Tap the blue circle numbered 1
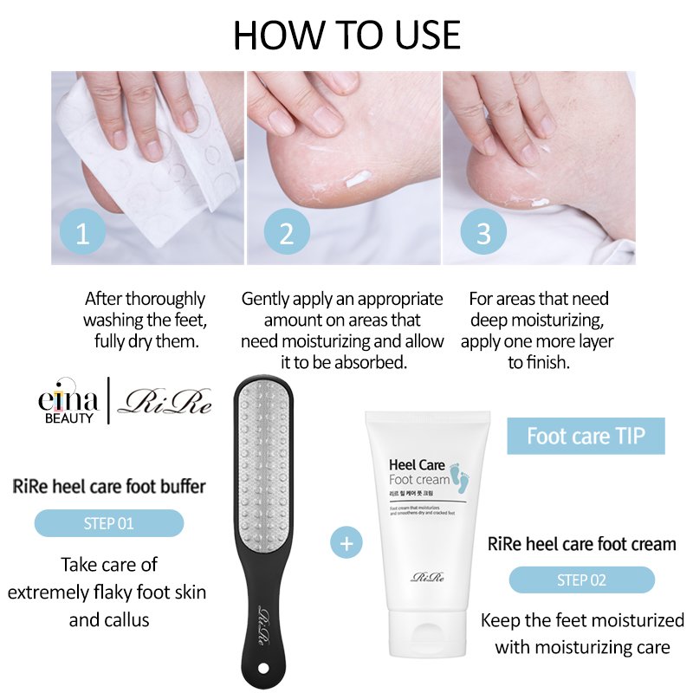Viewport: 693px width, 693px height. click(x=83, y=233)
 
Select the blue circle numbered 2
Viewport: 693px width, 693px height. click(x=287, y=233)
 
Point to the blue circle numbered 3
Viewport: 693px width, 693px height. click(x=483, y=233)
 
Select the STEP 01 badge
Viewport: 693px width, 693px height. click(x=109, y=523)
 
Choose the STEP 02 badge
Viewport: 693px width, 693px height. click(x=581, y=580)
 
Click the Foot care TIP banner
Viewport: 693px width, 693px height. click(x=586, y=436)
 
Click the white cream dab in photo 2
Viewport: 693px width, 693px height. click(x=359, y=180)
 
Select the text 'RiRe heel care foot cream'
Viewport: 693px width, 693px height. click(x=581, y=544)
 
